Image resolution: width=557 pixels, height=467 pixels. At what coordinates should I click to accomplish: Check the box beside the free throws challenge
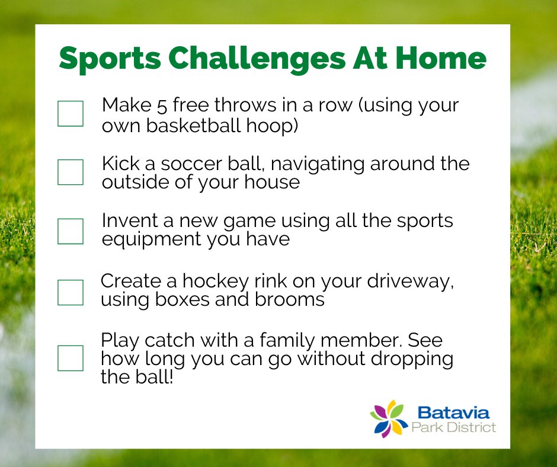[71, 113]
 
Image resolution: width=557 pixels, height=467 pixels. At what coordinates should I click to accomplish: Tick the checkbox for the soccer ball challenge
[71, 172]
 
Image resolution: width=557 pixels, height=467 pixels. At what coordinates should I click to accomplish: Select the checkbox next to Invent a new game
[71, 231]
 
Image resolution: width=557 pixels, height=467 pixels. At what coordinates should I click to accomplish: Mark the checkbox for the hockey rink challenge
[71, 292]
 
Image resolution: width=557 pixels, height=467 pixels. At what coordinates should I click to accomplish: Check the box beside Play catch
[71, 358]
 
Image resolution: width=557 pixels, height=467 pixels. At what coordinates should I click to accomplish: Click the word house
[270, 183]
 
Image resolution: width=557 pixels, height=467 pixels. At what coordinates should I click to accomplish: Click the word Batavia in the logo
[453, 412]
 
